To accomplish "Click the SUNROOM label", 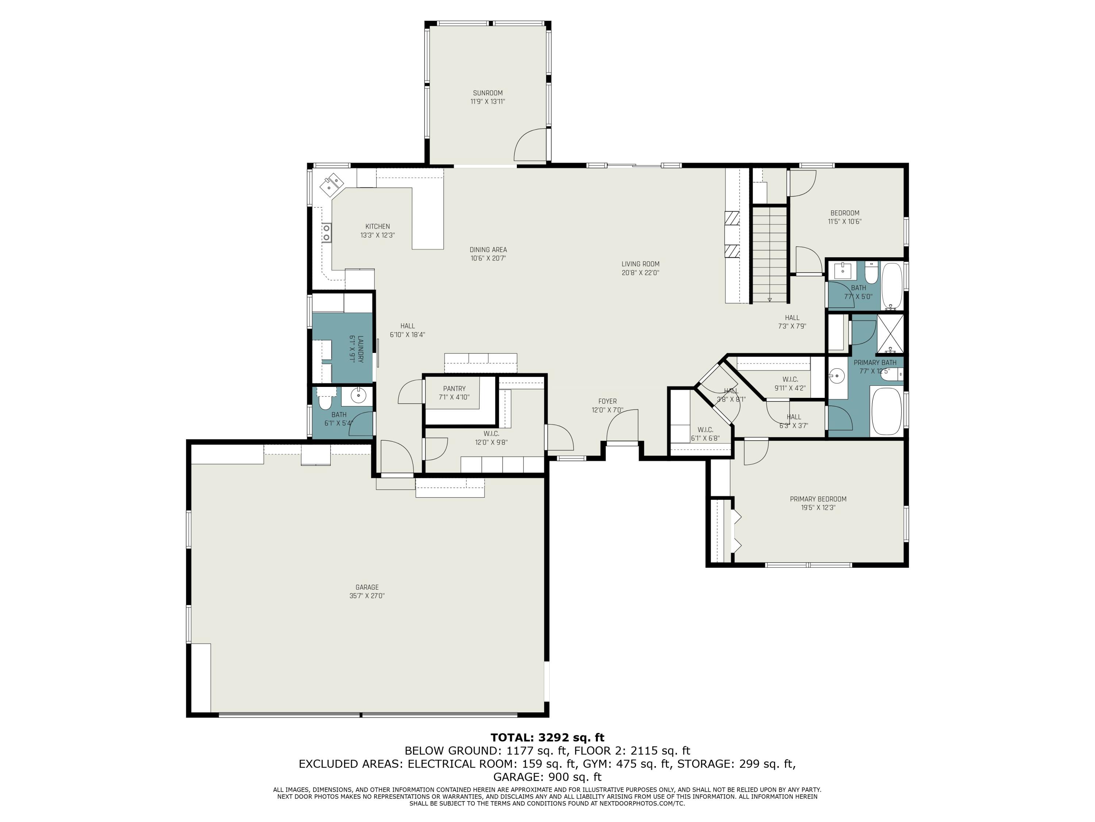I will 488,93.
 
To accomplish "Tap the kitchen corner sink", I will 332,185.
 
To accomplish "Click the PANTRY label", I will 454,388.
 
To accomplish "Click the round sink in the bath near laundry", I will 358,395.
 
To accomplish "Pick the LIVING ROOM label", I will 640,264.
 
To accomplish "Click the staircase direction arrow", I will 770,299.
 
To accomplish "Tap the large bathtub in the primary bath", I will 886,411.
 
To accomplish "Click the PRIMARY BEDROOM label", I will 818,499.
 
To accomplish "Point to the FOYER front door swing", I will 621,426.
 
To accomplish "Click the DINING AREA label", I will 488,250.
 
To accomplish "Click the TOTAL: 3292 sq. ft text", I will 547,737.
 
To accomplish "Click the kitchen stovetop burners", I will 327,232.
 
